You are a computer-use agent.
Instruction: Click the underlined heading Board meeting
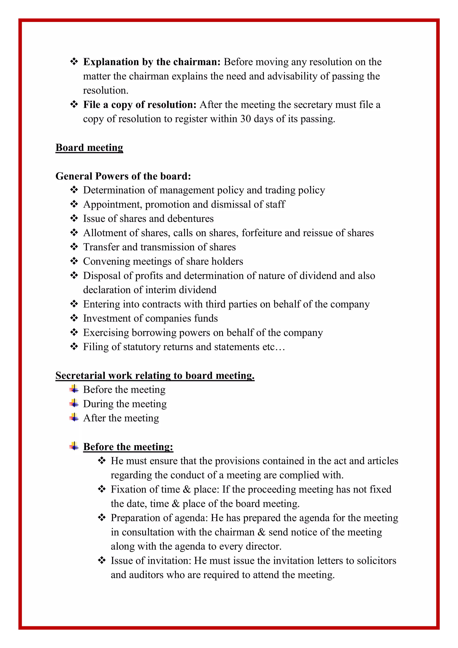[89, 148]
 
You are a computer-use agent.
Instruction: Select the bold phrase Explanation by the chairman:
[152, 62]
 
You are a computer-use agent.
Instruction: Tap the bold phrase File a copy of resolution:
[140, 105]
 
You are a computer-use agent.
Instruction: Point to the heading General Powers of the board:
[123, 176]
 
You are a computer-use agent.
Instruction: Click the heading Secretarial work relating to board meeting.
[155, 375]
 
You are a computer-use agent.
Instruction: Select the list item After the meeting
[121, 418]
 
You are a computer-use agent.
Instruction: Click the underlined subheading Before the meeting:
[128, 447]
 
